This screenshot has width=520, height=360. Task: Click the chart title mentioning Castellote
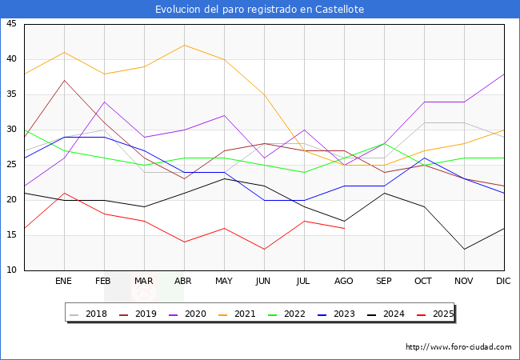click(x=260, y=9)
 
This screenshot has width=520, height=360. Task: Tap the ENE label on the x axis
click(x=64, y=282)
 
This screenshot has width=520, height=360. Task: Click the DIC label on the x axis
click(x=504, y=282)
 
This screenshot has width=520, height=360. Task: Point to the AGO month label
click(x=344, y=282)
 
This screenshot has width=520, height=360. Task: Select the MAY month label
click(x=224, y=282)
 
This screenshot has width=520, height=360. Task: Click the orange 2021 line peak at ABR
click(x=184, y=45)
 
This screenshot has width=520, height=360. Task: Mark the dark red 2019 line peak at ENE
click(x=64, y=80)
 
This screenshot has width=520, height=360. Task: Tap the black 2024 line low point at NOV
click(x=464, y=249)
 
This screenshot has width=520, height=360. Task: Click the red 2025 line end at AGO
click(x=344, y=228)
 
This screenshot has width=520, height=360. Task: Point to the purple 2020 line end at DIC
click(x=504, y=74)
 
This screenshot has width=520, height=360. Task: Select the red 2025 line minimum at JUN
click(x=264, y=249)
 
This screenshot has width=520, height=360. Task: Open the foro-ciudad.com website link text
click(x=458, y=347)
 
